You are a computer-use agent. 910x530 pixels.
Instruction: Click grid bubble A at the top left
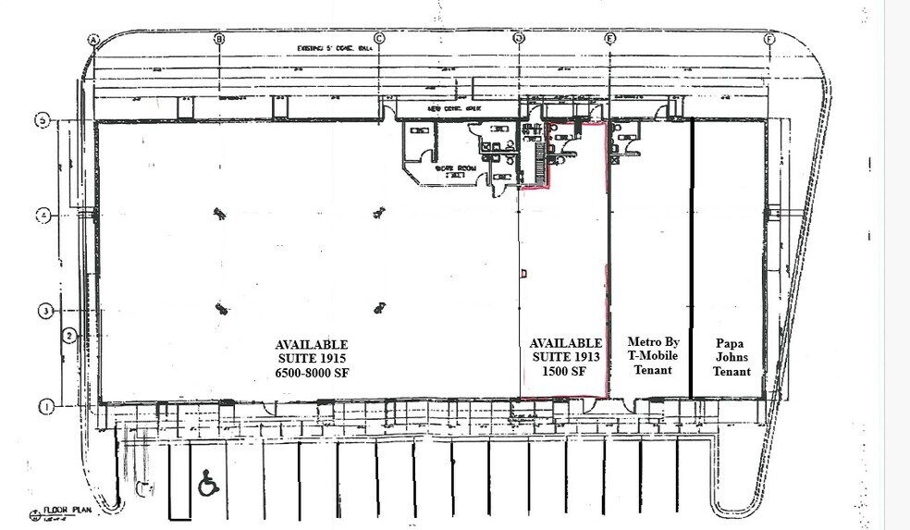[x=92, y=39]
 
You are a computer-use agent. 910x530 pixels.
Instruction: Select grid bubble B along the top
[x=219, y=39]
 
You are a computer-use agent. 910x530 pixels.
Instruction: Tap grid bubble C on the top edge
[x=378, y=39]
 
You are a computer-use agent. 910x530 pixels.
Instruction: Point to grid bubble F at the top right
[x=769, y=39]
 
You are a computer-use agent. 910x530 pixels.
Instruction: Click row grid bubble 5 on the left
[x=42, y=120]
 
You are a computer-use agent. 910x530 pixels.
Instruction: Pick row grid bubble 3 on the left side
[x=42, y=311]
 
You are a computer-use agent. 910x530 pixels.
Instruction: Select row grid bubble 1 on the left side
[x=42, y=405]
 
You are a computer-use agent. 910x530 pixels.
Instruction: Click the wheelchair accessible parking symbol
[x=208, y=483]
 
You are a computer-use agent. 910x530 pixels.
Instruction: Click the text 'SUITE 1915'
[x=311, y=357]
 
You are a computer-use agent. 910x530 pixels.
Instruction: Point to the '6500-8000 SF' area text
[x=311, y=372]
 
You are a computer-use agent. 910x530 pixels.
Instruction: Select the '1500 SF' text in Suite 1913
[x=565, y=372]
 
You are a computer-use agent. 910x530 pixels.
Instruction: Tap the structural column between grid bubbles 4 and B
[x=218, y=213]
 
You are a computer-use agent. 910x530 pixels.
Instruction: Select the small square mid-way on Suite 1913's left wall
[x=523, y=273]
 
